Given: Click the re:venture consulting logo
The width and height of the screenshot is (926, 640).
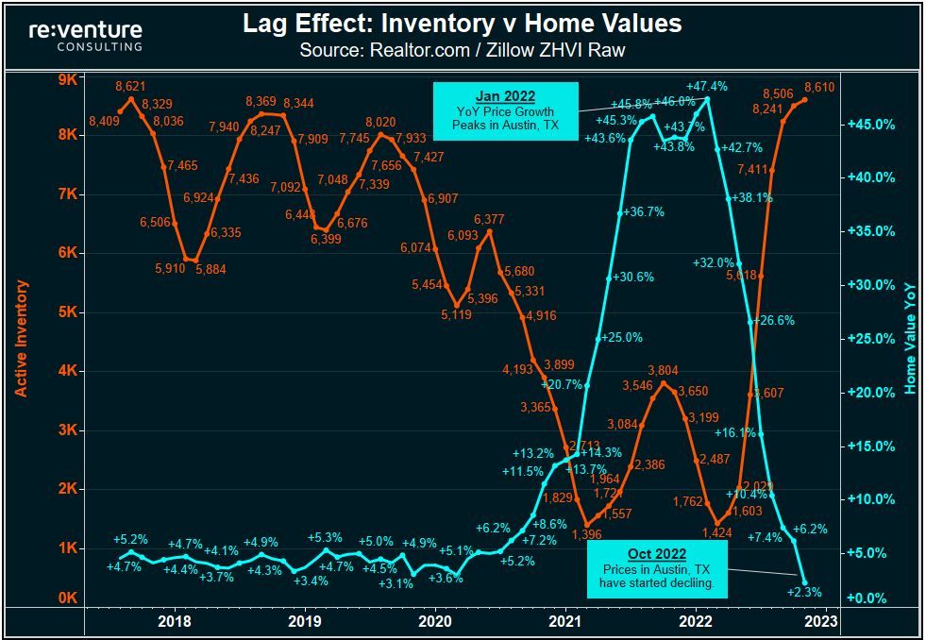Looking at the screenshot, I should (x=86, y=35).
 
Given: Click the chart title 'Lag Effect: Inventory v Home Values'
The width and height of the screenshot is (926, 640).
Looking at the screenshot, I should (x=463, y=24).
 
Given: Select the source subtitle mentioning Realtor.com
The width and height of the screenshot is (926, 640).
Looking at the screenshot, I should (x=463, y=50).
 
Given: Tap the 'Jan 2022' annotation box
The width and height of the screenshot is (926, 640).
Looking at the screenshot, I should (x=505, y=111).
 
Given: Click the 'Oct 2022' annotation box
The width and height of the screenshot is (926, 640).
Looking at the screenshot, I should (x=657, y=569).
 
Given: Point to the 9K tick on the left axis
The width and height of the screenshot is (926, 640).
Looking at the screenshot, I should (x=67, y=80).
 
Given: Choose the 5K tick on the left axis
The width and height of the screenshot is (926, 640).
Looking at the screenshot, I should (x=67, y=312).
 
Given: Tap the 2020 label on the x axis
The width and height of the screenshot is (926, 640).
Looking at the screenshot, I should (x=434, y=621).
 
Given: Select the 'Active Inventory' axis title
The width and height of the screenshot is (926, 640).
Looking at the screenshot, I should (x=21, y=338).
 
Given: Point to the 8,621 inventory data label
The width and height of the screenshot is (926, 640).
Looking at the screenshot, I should (x=132, y=87).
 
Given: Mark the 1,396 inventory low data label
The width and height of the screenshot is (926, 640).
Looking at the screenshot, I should (x=587, y=534).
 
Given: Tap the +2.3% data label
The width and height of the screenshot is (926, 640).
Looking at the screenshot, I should (x=804, y=593).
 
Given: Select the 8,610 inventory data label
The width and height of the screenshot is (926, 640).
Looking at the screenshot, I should (x=820, y=87).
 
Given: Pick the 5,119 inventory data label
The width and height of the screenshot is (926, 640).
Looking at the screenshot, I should (x=456, y=314).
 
